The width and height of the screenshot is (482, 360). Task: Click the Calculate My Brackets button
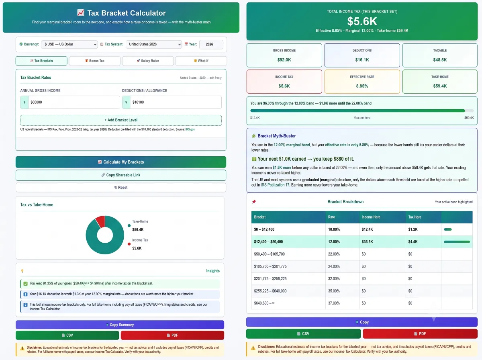click(121, 162)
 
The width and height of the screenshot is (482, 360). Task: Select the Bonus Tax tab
click(95, 61)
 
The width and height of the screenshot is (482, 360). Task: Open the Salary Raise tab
click(148, 61)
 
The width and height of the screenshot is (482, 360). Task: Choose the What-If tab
click(201, 61)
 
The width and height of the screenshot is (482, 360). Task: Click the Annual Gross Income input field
click(74, 102)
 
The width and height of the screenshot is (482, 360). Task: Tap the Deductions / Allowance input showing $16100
click(176, 102)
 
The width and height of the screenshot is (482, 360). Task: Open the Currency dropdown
click(69, 44)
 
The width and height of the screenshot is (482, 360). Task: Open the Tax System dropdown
click(154, 44)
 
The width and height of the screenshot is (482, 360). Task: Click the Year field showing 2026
click(211, 44)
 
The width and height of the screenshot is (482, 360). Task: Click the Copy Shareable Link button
click(121, 175)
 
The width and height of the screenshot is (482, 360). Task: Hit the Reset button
click(121, 188)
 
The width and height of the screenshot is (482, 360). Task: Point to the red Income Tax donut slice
click(101, 221)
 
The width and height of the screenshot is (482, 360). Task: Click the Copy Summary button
click(120, 325)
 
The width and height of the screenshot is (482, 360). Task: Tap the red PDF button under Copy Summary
click(172, 335)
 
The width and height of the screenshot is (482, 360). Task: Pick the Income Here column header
click(371, 217)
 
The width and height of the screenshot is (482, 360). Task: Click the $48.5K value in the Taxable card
click(440, 60)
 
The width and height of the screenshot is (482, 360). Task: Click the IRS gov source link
click(190, 129)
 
